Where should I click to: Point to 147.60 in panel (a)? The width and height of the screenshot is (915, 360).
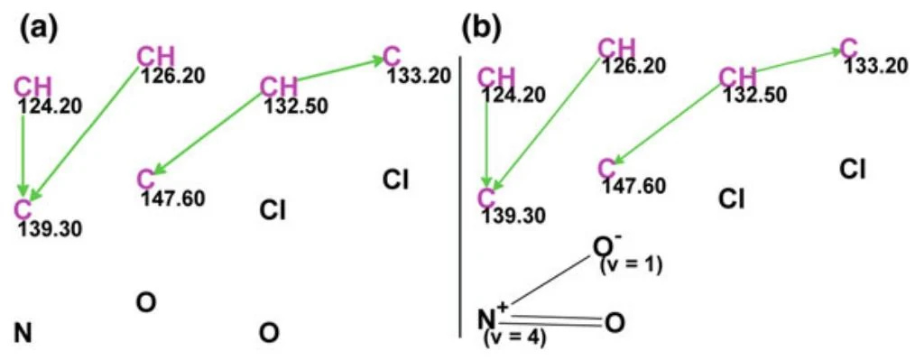pos(173,198)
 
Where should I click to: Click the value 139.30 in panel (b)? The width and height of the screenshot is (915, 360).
pos(513,216)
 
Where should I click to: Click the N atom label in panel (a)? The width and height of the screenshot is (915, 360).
pos(23,333)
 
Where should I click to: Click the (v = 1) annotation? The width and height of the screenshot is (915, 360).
pos(631,266)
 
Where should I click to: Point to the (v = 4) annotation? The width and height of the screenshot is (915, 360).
pos(514,338)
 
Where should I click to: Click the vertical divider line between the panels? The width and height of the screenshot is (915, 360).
pos(461,196)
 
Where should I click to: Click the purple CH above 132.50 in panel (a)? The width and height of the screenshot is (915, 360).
pos(278,87)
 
